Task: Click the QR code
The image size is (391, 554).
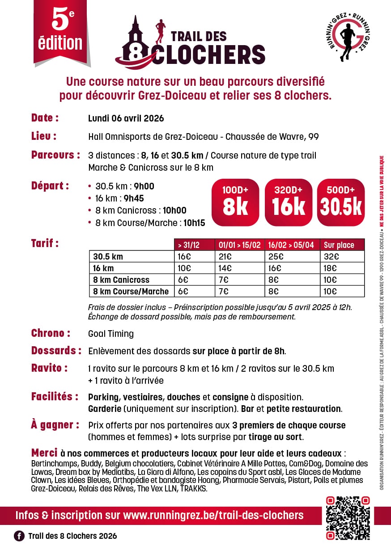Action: (x=348, y=518)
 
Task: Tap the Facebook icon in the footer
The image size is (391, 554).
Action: (x=19, y=536)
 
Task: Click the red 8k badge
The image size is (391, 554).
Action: (x=235, y=202)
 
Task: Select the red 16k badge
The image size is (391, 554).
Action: (x=289, y=202)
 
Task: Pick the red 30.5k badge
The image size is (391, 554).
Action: (x=341, y=202)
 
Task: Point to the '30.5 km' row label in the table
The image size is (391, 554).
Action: (x=108, y=257)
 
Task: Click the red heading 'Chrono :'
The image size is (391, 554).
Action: (x=51, y=333)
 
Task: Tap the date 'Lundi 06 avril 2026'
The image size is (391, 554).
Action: (x=126, y=118)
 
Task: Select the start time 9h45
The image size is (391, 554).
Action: (x=135, y=198)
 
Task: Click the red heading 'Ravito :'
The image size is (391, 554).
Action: (x=49, y=369)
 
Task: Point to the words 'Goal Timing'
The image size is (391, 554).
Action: (x=111, y=334)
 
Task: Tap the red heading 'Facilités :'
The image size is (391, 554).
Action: (x=55, y=397)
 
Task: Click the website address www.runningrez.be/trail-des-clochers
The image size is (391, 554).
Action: (x=213, y=515)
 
